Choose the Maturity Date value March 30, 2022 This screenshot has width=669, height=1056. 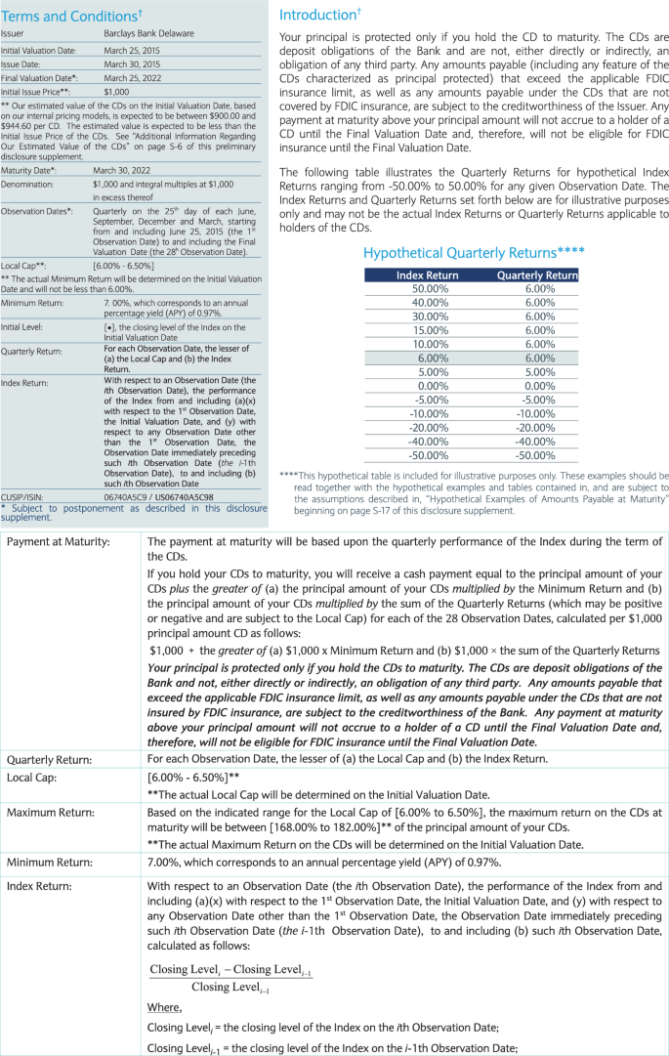pos(120,170)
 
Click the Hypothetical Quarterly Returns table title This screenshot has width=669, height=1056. pos(474,252)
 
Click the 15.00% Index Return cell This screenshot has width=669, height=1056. pos(430,330)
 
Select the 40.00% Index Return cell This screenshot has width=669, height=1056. pos(430,303)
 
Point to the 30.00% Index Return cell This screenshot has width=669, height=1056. pos(430,317)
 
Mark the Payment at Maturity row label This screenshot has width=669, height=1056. pos(59,540)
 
